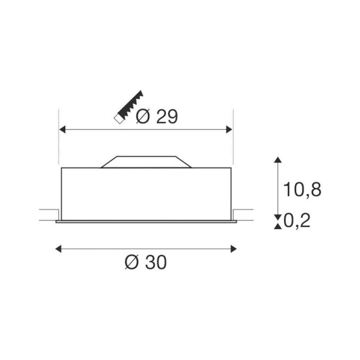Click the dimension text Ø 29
coord(157,117)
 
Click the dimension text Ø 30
coord(146,263)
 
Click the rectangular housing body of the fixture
coord(147,193)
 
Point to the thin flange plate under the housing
coord(147,222)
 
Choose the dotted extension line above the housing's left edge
coord(61,139)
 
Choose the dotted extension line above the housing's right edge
coord(233,139)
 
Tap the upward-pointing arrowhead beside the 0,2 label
coord(278,225)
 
